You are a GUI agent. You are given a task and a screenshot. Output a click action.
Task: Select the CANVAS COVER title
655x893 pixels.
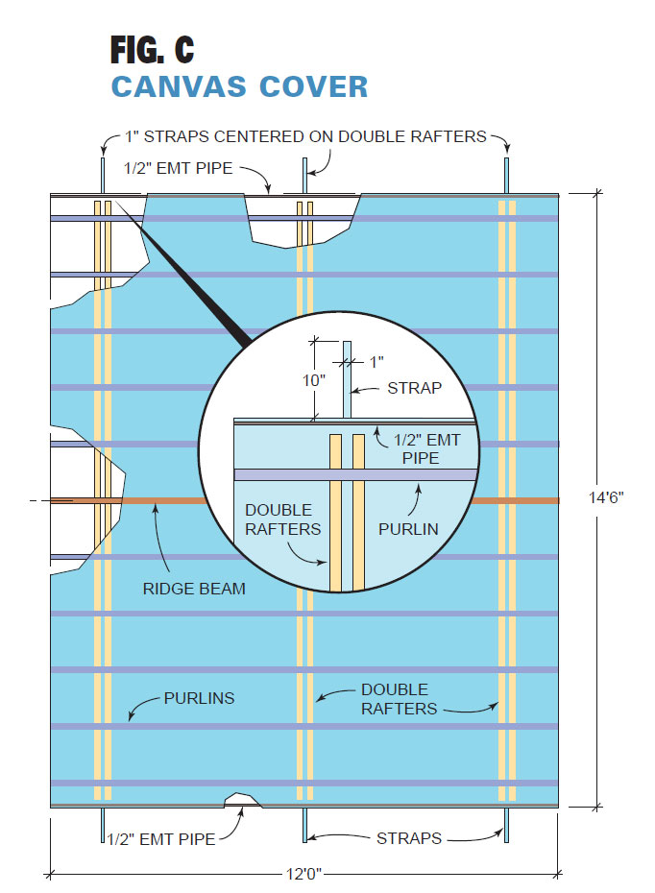239,85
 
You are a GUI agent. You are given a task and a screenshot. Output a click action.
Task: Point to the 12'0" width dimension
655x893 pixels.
304,874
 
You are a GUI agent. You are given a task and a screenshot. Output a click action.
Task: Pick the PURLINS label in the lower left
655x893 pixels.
199,698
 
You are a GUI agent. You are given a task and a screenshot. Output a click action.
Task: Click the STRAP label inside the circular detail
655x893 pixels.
416,388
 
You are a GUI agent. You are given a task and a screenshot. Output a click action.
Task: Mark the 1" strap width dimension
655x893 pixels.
376,362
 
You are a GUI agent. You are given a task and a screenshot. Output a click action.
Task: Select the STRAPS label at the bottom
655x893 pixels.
407,838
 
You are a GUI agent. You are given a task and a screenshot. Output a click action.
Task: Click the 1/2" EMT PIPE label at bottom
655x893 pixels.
160,838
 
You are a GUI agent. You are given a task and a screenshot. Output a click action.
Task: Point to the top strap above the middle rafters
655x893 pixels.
305,175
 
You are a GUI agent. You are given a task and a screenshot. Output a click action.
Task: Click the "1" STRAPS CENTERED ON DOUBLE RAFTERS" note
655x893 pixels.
305,136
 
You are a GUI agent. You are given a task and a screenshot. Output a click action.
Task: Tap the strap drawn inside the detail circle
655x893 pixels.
348,379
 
